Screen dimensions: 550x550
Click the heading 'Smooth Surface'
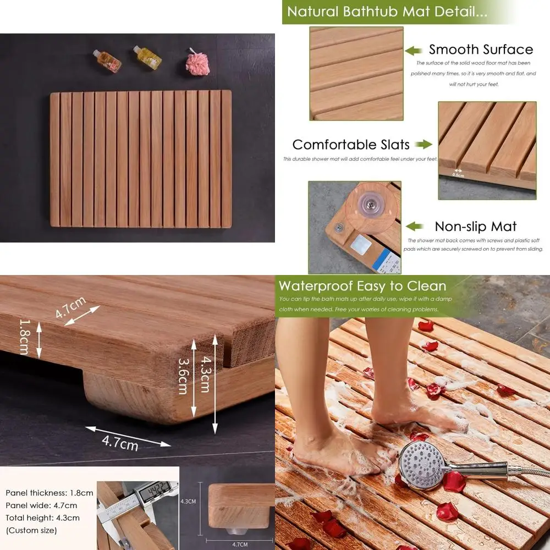(x=481, y=50)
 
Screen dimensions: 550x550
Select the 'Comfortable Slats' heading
(x=351, y=145)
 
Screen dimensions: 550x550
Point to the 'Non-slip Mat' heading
(x=476, y=227)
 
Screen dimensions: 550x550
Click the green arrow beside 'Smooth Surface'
(x=414, y=51)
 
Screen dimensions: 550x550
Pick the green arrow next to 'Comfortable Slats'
(x=423, y=145)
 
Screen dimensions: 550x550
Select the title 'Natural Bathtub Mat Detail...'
(x=387, y=12)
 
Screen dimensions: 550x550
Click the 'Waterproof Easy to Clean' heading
(x=362, y=286)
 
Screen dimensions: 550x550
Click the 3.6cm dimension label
(x=183, y=376)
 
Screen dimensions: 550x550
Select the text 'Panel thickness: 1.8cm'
(x=50, y=493)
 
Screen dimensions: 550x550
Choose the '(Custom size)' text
(x=31, y=531)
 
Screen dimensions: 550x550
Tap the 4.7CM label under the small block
(x=240, y=544)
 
